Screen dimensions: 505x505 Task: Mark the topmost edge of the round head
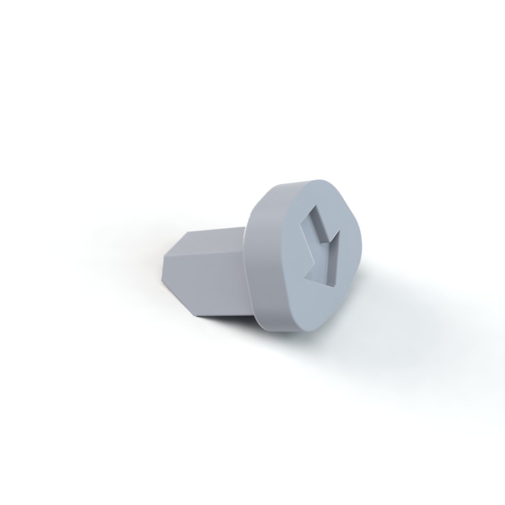coord(303,180)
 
